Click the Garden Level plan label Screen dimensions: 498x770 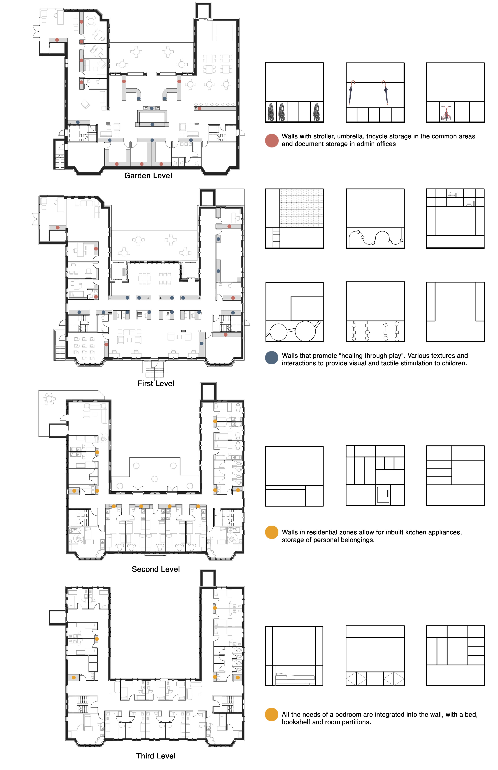tap(148, 176)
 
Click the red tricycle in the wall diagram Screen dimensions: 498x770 tap(447, 113)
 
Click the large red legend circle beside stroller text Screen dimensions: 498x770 tap(272, 141)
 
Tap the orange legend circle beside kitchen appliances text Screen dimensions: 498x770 tap(272, 532)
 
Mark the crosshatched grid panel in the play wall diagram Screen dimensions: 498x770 tap(301, 208)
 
